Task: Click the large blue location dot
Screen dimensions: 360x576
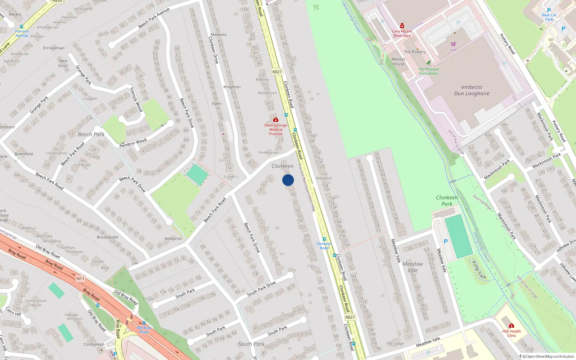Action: tap(288, 180)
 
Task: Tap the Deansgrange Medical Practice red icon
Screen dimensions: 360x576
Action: tap(276, 120)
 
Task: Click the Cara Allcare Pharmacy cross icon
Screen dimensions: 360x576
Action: tap(402, 26)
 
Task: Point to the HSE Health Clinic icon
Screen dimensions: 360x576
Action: tap(511, 326)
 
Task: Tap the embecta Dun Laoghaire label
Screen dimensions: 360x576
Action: tap(472, 90)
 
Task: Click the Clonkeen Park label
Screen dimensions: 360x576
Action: tap(447, 201)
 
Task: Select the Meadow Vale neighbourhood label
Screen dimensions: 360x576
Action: tap(413, 267)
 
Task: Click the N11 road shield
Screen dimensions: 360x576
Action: tap(80, 279)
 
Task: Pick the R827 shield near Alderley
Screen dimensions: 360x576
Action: tap(277, 72)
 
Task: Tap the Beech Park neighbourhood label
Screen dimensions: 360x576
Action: tap(91, 134)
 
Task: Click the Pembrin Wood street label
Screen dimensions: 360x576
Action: tap(133, 143)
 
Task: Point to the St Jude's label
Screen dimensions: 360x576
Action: tap(230, 177)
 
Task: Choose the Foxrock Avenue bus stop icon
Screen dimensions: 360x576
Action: tap(22, 27)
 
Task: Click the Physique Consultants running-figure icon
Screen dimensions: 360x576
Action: tap(428, 63)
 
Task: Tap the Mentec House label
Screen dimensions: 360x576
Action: tap(399, 62)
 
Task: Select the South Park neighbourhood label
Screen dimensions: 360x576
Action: tap(251, 344)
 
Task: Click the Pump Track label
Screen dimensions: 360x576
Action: tap(479, 270)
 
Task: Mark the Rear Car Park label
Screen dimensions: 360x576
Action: tap(549, 17)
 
